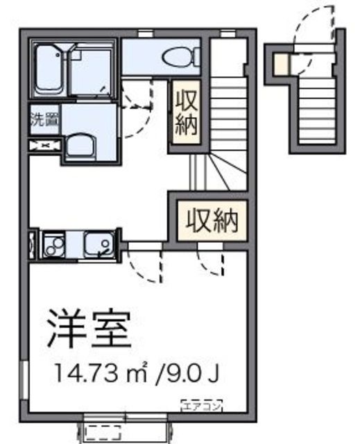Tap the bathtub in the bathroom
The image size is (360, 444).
(50, 69)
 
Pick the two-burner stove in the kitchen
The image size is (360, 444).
(53, 244)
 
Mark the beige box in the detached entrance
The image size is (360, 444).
(278, 65)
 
